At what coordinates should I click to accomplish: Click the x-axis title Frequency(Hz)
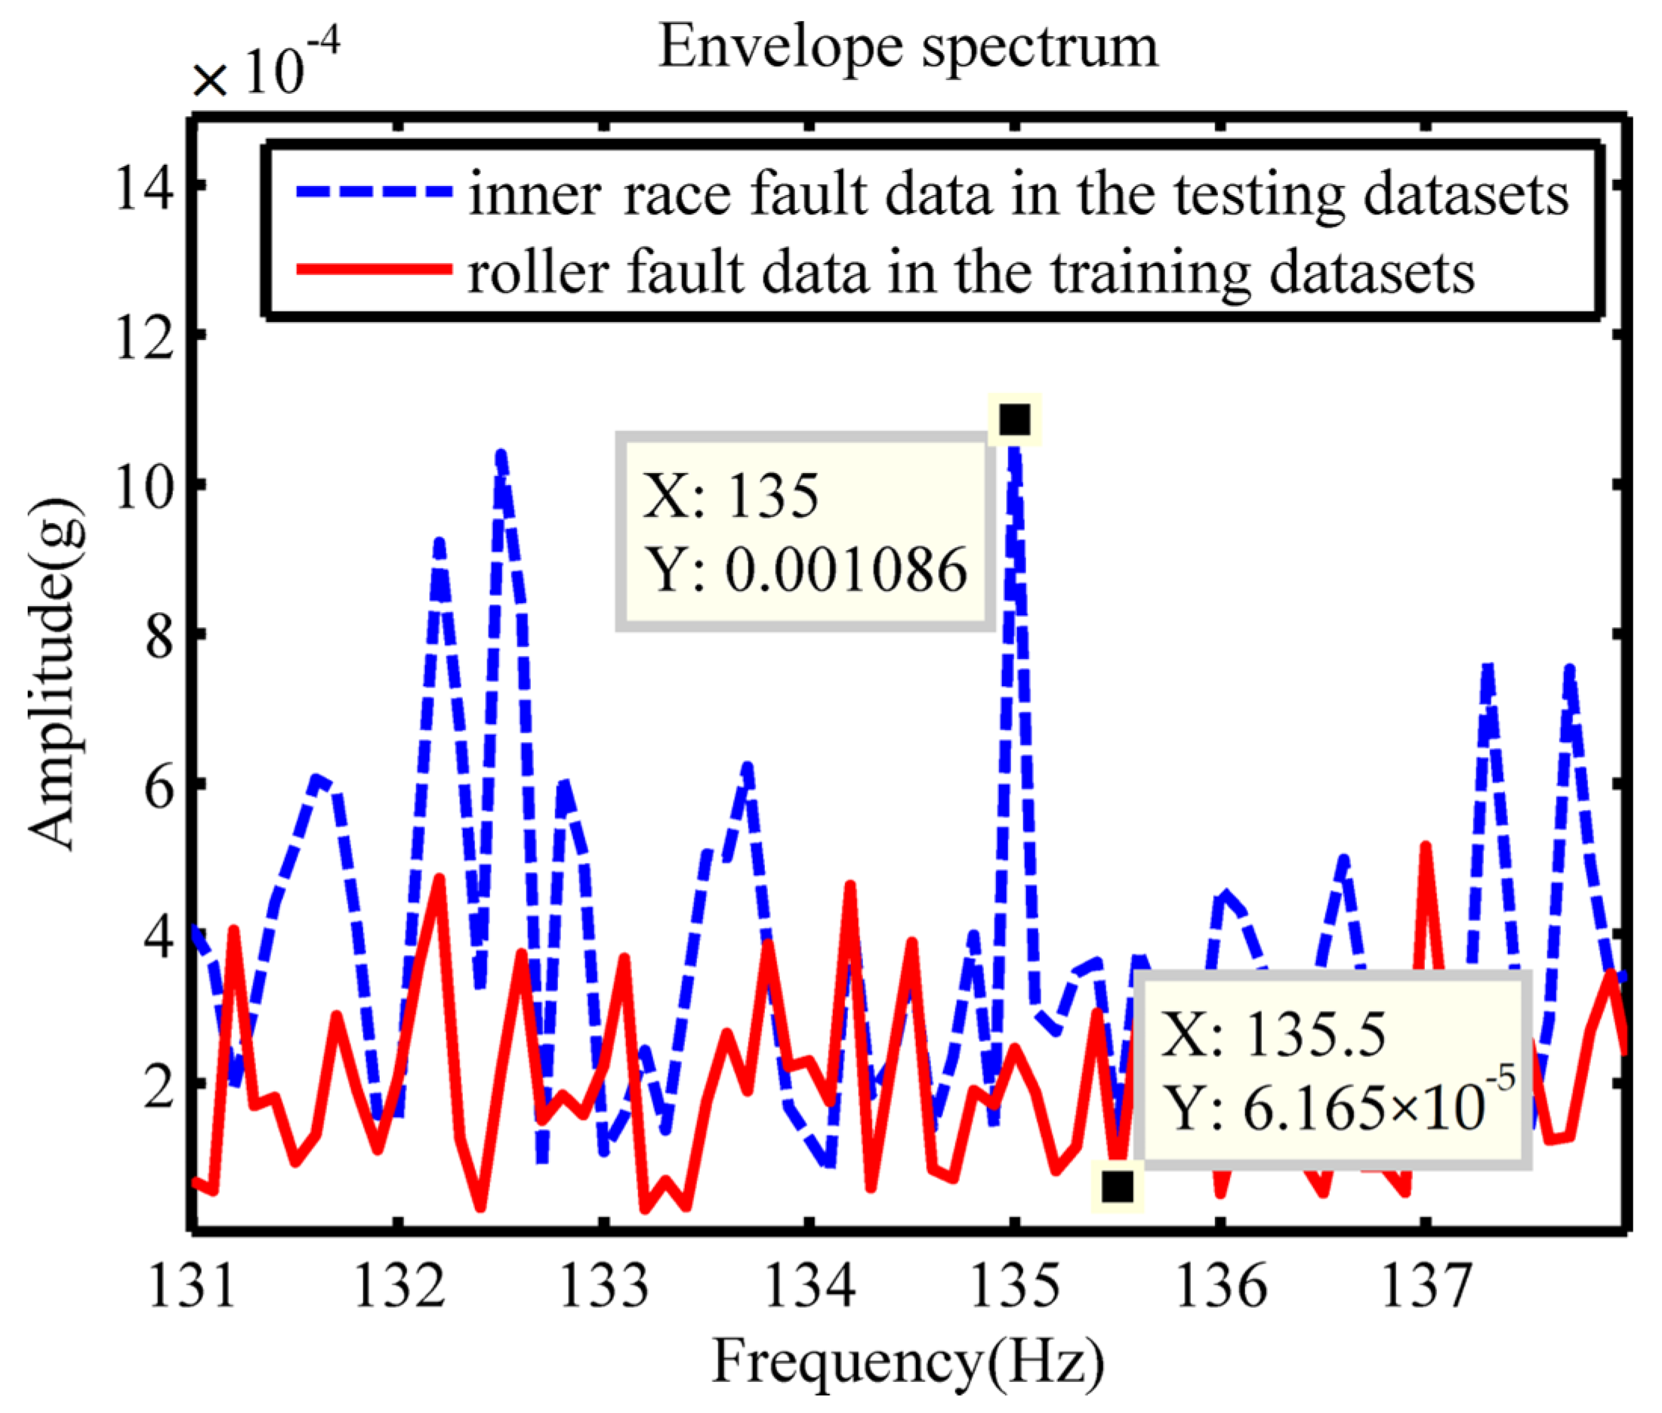click(x=908, y=1361)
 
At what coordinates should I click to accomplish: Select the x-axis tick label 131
click(x=192, y=1285)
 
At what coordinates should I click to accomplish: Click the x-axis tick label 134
click(x=809, y=1285)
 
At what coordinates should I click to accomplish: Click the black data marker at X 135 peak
click(x=1014, y=418)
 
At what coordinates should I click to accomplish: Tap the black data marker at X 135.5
click(x=1118, y=1186)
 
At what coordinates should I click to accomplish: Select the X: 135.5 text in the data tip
click(x=1273, y=1034)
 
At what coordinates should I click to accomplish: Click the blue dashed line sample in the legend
click(x=374, y=191)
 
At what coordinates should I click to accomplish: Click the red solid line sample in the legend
click(x=374, y=269)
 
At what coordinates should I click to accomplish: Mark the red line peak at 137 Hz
click(x=1425, y=848)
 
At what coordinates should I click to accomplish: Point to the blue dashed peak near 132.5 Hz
click(x=501, y=456)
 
